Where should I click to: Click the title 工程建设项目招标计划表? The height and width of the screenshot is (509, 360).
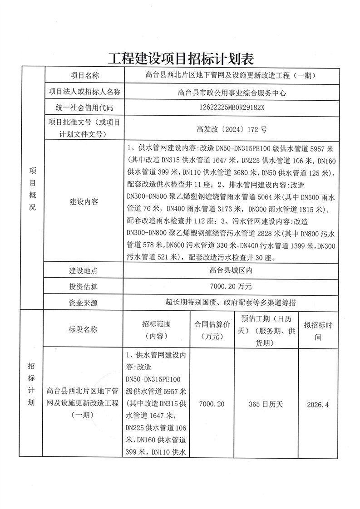(180, 59)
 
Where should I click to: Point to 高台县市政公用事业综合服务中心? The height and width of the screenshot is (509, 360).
(232, 93)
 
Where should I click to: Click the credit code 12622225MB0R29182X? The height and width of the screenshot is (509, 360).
(232, 108)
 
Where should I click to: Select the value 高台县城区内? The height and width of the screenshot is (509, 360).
(232, 271)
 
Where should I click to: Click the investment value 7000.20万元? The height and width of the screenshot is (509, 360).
(232, 287)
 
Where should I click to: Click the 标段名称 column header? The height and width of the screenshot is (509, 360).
(83, 330)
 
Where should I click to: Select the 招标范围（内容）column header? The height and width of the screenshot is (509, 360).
(156, 330)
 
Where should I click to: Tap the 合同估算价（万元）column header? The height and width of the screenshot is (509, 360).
(212, 330)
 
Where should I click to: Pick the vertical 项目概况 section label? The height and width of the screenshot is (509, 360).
(32, 187)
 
